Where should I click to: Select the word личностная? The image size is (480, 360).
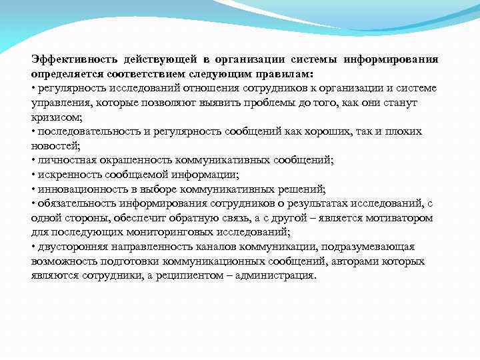coord(61,160)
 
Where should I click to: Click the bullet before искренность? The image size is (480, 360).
coord(33,175)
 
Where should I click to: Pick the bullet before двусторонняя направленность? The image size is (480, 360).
coord(33,247)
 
